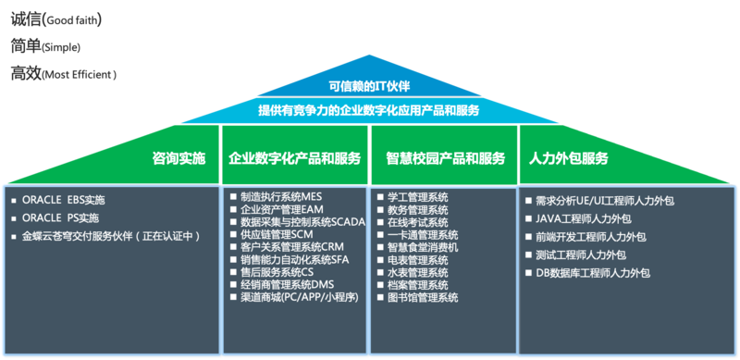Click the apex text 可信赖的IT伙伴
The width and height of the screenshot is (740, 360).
(369, 87)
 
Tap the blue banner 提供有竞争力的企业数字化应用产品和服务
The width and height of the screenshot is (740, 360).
(369, 109)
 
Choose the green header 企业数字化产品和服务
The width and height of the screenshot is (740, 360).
(294, 158)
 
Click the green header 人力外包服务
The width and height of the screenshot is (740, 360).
(568, 158)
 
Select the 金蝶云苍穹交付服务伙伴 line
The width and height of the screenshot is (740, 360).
(112, 237)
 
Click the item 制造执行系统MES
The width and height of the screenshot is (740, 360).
(282, 197)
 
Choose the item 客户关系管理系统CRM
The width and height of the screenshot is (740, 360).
(292, 247)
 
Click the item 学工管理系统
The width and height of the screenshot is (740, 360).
(417, 197)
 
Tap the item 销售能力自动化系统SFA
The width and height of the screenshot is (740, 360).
(293, 260)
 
